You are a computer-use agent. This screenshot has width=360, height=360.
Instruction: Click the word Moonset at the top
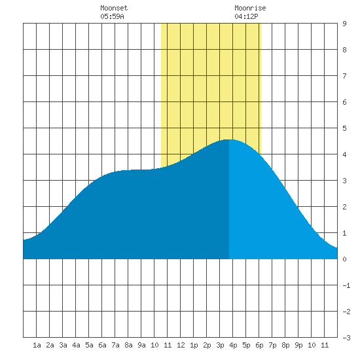[x=114, y=8]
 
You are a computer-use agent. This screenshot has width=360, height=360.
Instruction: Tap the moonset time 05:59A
[x=112, y=16]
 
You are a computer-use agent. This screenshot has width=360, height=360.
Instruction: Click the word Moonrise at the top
[x=250, y=8]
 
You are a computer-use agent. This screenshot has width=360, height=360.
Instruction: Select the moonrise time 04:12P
[x=246, y=16]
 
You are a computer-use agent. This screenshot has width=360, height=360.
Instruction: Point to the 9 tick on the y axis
[x=344, y=24]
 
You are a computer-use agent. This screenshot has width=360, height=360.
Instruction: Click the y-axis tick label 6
[x=344, y=102]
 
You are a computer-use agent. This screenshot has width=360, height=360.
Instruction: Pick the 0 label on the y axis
[x=344, y=259]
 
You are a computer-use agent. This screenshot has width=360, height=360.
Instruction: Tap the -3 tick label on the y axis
[x=346, y=338]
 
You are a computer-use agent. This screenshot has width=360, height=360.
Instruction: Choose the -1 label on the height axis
[x=346, y=285]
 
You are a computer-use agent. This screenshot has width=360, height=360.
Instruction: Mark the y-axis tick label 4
[x=344, y=154]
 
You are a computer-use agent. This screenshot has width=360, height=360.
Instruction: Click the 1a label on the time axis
[x=37, y=345]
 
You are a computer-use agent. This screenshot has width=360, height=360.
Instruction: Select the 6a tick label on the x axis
[x=102, y=345]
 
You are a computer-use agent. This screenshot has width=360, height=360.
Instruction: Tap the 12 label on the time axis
[x=181, y=345]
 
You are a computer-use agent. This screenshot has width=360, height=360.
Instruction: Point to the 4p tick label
[x=233, y=345]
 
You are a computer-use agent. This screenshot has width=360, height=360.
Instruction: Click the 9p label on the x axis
[x=298, y=345]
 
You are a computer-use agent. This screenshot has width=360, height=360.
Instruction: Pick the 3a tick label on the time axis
[x=63, y=345]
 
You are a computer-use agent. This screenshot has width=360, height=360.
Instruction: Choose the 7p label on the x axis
[x=272, y=345]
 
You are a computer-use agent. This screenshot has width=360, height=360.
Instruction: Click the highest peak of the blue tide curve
[x=228, y=139]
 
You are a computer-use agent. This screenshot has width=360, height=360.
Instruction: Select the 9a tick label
[x=141, y=345]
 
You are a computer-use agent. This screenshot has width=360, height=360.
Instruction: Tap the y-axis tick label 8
[x=344, y=50]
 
